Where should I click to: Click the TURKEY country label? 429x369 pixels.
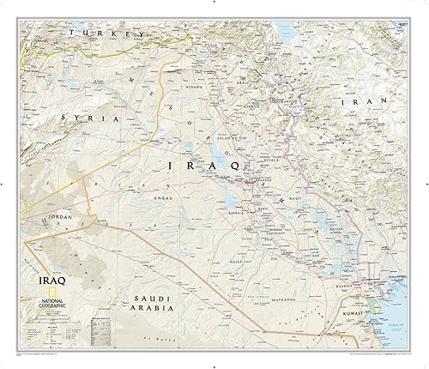pos(105,33)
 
